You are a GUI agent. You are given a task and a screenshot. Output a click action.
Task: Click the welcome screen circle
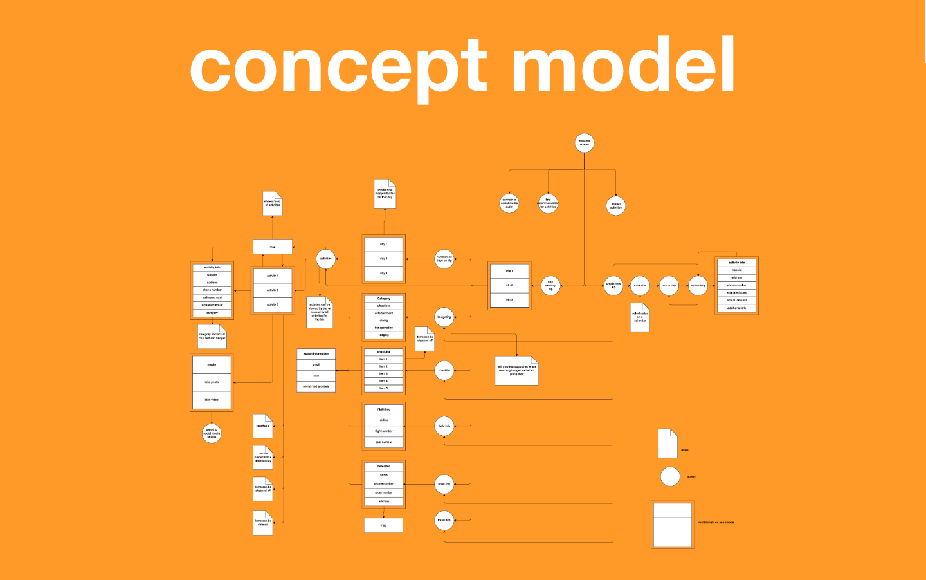click(x=584, y=143)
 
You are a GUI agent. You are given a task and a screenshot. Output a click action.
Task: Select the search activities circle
click(x=615, y=205)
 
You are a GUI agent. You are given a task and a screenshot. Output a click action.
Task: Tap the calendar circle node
click(x=640, y=285)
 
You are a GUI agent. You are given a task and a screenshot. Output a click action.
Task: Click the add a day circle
click(x=669, y=285)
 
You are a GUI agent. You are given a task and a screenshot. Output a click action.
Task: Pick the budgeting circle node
click(x=444, y=317)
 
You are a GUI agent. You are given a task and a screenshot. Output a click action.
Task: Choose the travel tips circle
click(x=444, y=520)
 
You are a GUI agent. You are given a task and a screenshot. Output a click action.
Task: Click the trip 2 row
click(x=509, y=285)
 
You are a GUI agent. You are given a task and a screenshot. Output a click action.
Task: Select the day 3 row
click(x=383, y=273)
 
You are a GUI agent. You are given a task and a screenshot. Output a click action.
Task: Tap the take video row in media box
click(x=212, y=400)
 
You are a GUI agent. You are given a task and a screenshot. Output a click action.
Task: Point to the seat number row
click(x=383, y=442)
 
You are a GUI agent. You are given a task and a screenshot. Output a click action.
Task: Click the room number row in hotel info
click(x=383, y=492)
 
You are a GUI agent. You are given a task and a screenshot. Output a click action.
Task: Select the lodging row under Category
click(x=383, y=335)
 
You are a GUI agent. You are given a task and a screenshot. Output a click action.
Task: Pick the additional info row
click(x=736, y=308)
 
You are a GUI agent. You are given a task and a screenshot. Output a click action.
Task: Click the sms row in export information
click(x=316, y=375)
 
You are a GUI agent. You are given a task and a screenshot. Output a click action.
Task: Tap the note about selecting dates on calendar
click(x=640, y=317)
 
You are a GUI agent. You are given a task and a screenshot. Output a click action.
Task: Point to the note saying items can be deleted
click(x=262, y=523)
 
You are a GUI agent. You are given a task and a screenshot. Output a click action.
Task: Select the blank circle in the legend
click(x=670, y=476)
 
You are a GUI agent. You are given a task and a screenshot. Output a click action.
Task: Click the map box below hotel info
click(x=383, y=525)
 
